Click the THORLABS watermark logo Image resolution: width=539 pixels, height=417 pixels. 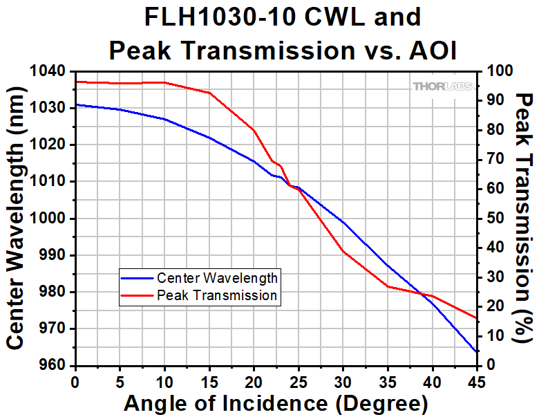coord(442,86)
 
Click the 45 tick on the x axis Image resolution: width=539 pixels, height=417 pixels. coord(477,381)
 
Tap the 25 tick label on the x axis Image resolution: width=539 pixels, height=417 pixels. coord(298,381)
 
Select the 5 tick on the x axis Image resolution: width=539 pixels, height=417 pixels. coord(120,381)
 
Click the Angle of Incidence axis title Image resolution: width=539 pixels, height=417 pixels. coord(275,403)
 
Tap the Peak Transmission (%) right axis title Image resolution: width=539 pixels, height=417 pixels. coord(524,218)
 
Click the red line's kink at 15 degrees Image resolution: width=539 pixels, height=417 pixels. coord(209,93)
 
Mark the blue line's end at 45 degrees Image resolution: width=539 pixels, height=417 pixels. coord(477,352)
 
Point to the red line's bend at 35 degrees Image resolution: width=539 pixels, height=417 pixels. coord(388,286)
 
